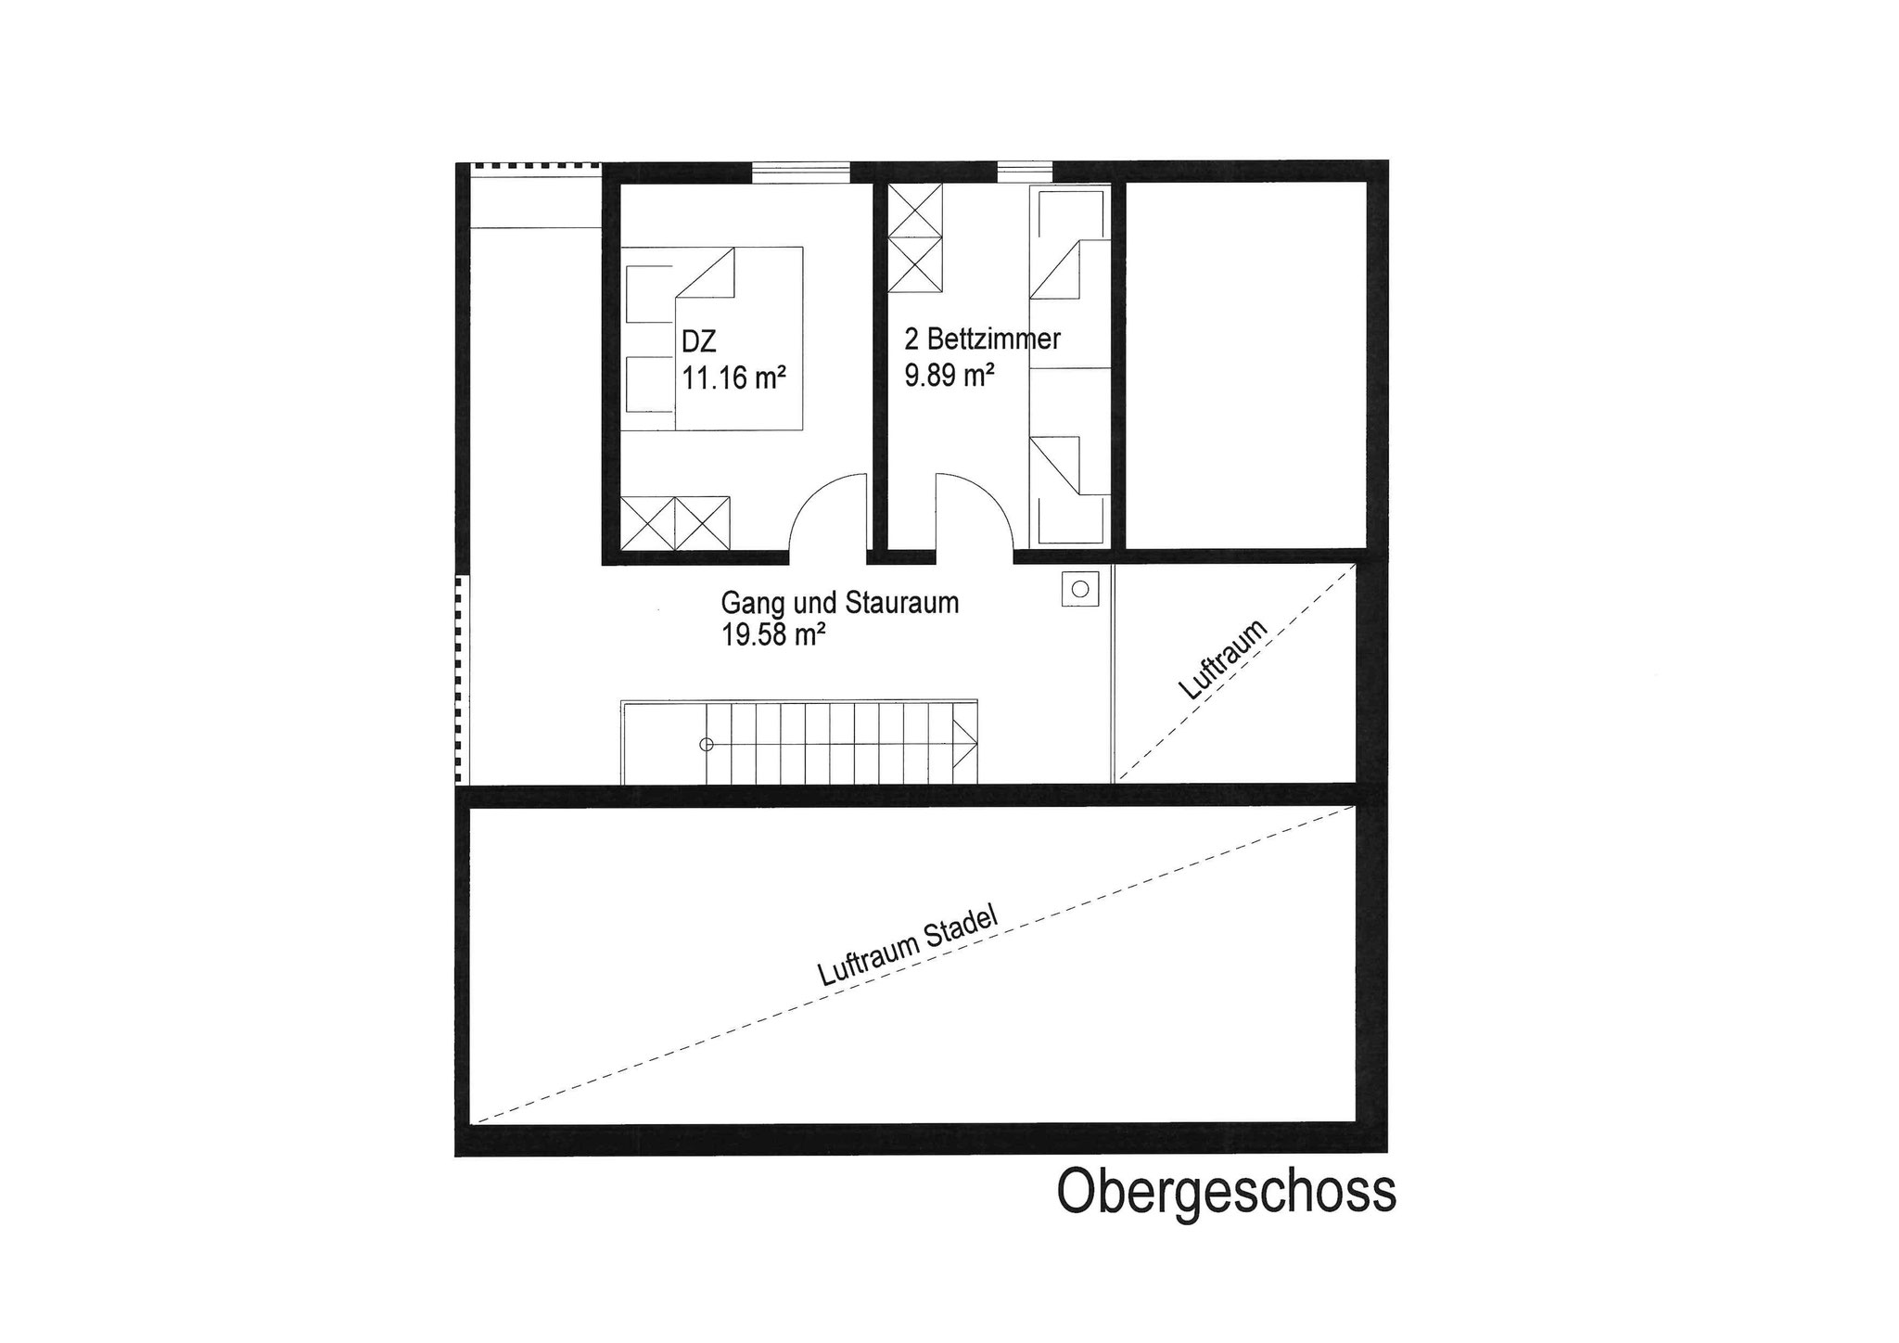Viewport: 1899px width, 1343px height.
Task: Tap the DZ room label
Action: (699, 342)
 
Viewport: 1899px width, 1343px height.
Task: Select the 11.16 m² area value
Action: (734, 378)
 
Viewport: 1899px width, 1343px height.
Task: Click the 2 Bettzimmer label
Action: (983, 339)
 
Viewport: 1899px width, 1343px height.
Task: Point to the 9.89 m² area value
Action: (950, 375)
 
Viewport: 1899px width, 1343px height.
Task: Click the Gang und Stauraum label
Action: (840, 603)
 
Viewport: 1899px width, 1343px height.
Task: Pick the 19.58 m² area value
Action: (774, 636)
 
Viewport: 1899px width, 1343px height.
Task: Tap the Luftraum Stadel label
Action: (908, 945)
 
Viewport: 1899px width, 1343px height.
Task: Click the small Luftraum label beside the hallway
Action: (1223, 659)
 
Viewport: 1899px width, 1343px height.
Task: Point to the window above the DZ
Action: (800, 173)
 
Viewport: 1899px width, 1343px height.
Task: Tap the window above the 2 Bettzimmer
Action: (1025, 173)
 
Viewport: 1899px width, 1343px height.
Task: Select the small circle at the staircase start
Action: (707, 744)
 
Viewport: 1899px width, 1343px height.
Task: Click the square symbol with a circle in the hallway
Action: (1080, 588)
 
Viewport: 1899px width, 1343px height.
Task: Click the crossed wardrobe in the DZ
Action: (675, 524)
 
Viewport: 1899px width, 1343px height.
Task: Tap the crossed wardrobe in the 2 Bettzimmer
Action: (915, 238)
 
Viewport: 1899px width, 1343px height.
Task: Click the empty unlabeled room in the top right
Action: (1246, 365)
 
